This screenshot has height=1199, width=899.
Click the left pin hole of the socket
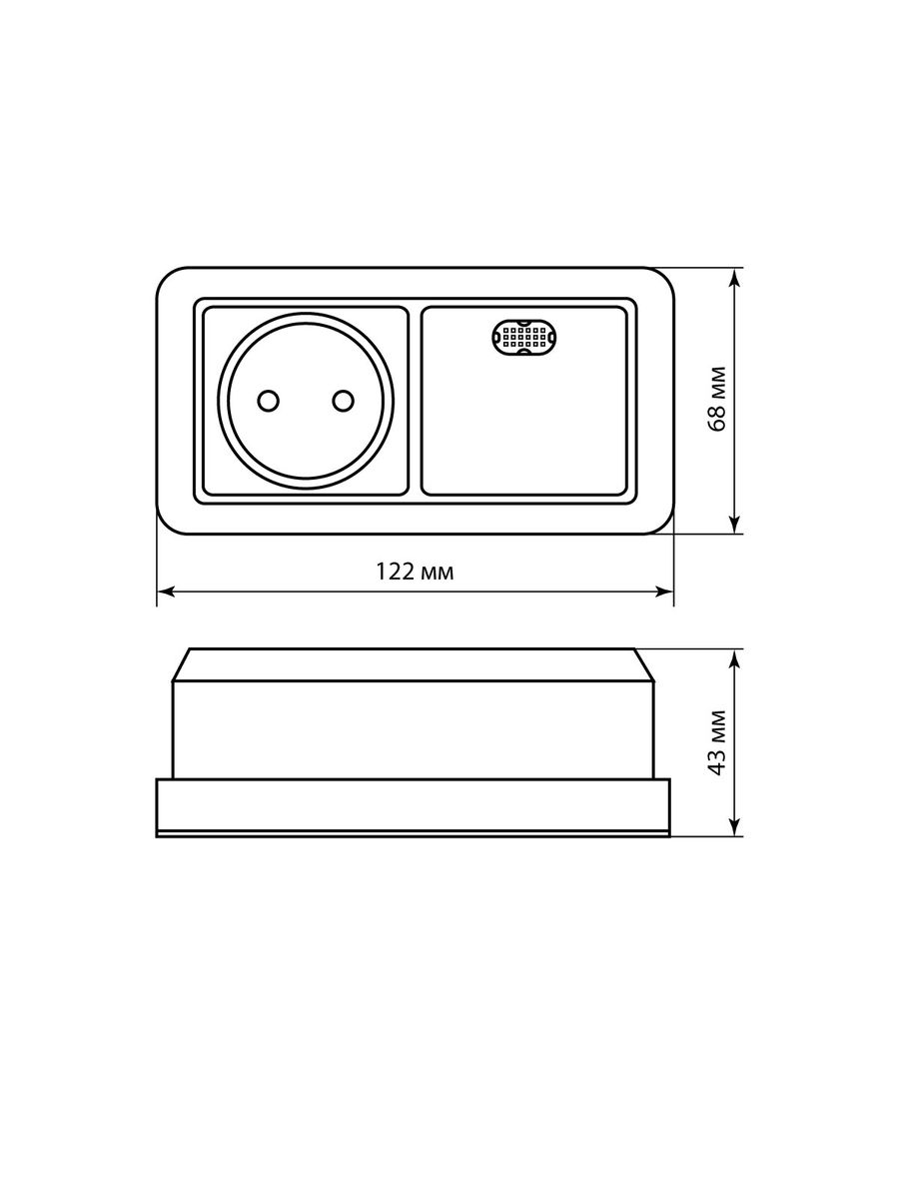pos(268,401)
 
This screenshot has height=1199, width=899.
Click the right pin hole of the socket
pos(344,401)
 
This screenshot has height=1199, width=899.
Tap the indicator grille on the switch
pos(522,338)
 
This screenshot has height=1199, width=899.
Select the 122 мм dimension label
pos(415,572)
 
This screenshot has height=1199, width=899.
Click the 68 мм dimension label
pos(717,400)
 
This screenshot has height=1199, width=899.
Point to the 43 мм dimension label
pos(717,742)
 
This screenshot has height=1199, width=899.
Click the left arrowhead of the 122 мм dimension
pos(166,592)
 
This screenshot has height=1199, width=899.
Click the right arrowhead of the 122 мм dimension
pos(664,592)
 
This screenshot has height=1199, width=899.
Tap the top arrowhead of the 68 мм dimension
pos(735,278)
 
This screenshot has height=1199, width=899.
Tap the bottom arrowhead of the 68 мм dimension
pos(735,524)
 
